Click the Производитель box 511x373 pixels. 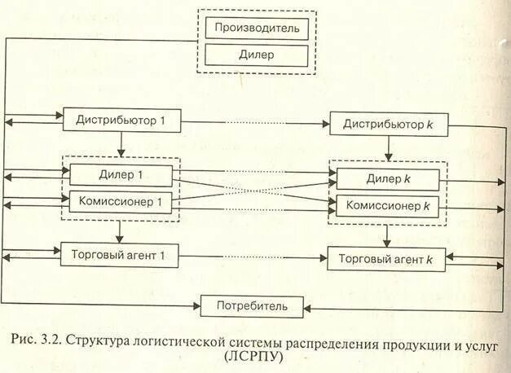tap(257, 29)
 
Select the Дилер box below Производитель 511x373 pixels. tap(257, 55)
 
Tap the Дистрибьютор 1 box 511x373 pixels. tap(120, 121)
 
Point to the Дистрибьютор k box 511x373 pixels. tap(388, 125)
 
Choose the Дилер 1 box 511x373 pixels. tap(121, 175)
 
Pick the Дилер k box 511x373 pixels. tap(388, 179)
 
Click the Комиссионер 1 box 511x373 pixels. tap(121, 201)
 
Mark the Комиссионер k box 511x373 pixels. tap(388, 206)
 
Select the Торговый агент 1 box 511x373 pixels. tap(120, 254)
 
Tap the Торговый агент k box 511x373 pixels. tap(386, 260)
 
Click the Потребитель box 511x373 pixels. tap(252, 306)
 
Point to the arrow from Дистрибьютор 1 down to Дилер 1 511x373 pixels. tap(121, 144)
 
